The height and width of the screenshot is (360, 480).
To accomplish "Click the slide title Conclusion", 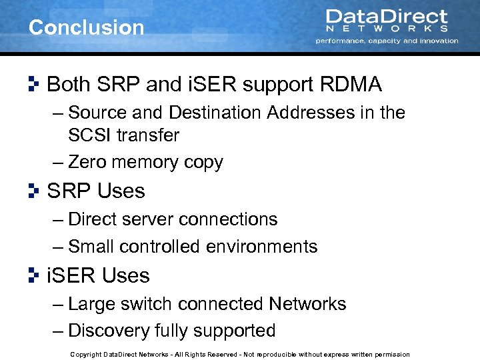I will [87, 27].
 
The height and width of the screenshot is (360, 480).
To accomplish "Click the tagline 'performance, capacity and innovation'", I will [387, 41].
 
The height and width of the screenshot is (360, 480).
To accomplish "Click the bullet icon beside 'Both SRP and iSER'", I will [34, 84].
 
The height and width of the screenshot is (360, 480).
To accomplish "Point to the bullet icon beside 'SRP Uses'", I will [34, 191].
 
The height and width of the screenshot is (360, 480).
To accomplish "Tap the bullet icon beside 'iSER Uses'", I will [34, 275].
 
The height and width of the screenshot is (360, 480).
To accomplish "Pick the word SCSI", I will [90, 135].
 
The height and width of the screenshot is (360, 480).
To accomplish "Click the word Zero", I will [89, 162].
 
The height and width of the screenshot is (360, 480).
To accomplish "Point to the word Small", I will [92, 247].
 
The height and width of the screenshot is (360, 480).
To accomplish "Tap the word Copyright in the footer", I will [85, 355].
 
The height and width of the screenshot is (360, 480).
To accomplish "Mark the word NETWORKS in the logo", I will [387, 29].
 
